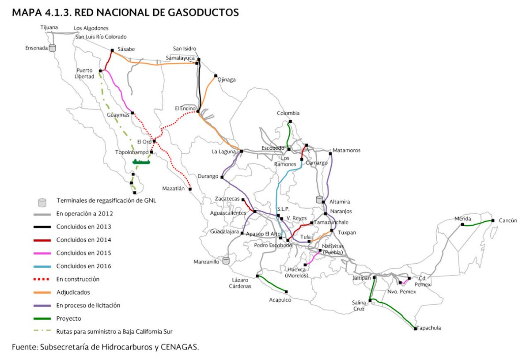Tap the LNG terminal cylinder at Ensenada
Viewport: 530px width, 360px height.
tap(53, 48)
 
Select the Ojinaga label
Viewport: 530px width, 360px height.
tap(227, 80)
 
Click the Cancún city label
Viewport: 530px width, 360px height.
tap(507, 220)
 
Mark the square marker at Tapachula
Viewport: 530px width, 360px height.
tap(416, 329)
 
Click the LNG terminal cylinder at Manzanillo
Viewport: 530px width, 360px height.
tap(227, 261)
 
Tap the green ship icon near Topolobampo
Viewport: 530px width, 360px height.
tap(142, 162)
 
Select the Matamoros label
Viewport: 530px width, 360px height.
tap(347, 150)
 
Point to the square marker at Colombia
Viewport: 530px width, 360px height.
tap(290, 121)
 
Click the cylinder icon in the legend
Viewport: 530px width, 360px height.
tap(42, 202)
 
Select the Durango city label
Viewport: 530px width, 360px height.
tap(209, 177)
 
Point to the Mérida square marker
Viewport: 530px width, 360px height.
tap(462, 224)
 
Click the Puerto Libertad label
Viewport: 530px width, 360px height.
tap(85, 73)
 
